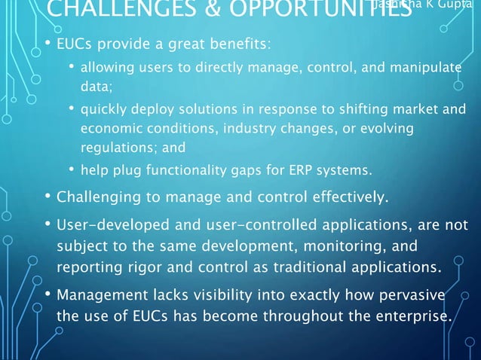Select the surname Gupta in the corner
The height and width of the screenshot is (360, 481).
pos(461,6)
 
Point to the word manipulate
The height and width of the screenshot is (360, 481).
pos(426,68)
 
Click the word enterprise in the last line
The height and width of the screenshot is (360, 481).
pos(412,316)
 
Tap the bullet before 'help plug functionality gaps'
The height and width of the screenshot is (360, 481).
pos(70,169)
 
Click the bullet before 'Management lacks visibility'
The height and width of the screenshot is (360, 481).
pos(47,294)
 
